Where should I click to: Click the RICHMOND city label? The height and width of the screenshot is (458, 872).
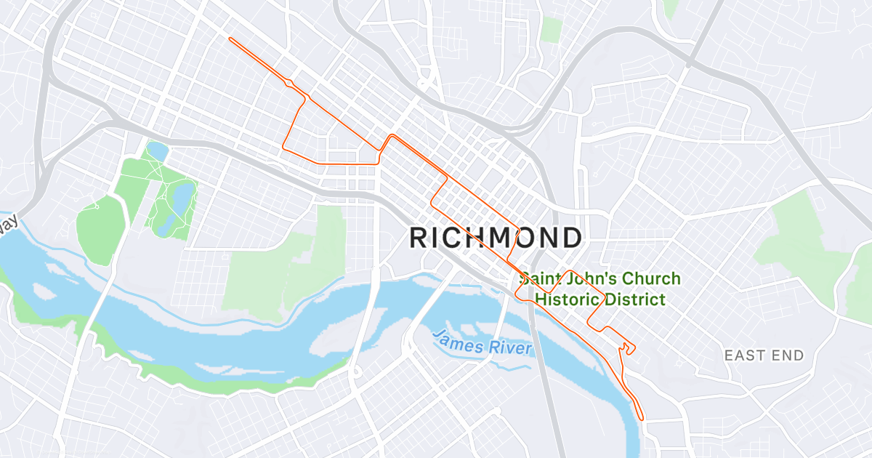(x=496, y=238)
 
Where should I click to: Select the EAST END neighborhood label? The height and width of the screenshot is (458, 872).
(x=764, y=355)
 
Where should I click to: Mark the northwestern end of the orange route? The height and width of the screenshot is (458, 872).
(x=230, y=39)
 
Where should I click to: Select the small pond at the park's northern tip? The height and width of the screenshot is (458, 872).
(x=157, y=151)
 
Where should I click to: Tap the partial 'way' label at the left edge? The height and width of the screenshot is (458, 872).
(x=7, y=223)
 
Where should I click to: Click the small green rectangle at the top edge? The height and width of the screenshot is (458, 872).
(x=552, y=30)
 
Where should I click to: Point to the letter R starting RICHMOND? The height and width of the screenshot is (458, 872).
(x=420, y=238)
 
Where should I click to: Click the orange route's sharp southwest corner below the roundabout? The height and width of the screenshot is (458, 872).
(x=283, y=149)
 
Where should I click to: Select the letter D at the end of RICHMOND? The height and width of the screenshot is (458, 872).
(x=571, y=238)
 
